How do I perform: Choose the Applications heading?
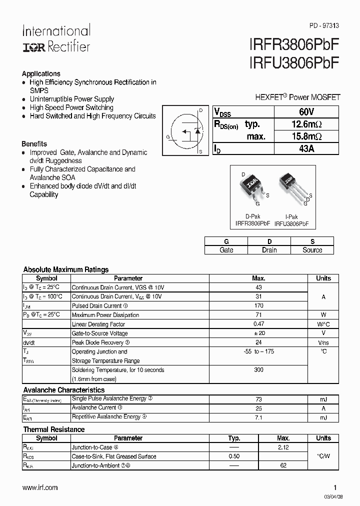[41, 73]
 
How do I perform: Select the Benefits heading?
[34, 143]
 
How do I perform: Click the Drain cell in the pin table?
[269, 250]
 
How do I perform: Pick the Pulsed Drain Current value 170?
[258, 306]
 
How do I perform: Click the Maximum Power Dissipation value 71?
[258, 315]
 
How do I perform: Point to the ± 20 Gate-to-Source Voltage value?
[258, 333]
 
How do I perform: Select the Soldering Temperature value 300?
[258, 370]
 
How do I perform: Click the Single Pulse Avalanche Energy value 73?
[258, 399]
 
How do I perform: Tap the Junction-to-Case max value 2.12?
[283, 447]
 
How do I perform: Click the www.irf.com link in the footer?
[40, 487]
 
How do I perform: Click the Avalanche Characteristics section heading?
[64, 390]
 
